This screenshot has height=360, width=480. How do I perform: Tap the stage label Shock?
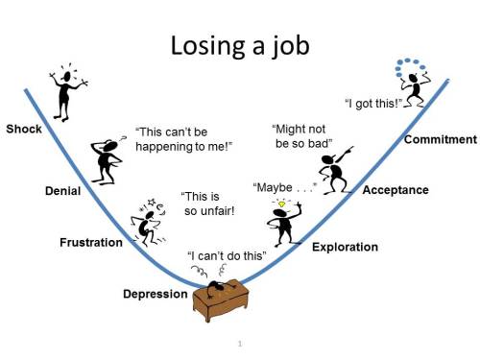pos(24,129)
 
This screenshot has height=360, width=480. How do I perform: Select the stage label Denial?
pos(62,191)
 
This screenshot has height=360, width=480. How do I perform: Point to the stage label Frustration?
pos(91,243)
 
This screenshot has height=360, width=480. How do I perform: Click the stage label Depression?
pos(156,293)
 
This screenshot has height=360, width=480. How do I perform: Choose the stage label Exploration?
pos(345,247)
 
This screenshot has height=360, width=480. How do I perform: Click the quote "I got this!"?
pos(372,102)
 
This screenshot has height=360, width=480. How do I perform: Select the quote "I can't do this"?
pos(228,257)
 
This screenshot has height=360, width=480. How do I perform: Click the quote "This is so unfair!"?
pos(209,204)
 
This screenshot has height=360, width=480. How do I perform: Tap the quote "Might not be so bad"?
pos(302,135)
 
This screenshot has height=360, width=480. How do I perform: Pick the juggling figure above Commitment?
pos(414,84)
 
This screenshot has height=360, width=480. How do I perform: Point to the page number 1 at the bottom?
pos(238,343)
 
